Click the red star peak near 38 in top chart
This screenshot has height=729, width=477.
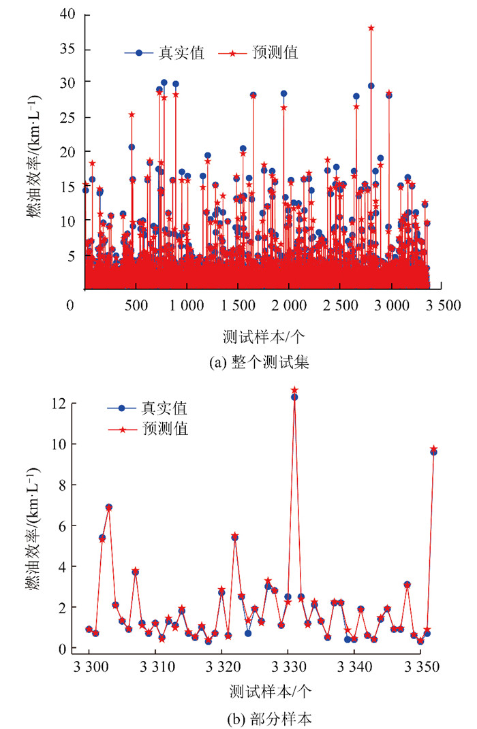pyautogui.click(x=371, y=28)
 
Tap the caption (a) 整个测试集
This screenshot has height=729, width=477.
pyautogui.click(x=259, y=363)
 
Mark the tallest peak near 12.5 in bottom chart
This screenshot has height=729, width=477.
pyautogui.click(x=294, y=391)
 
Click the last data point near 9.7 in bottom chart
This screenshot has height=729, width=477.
pyautogui.click(x=433, y=449)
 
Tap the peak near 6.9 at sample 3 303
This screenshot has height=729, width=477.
pyautogui.click(x=108, y=507)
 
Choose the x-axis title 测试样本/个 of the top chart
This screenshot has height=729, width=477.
pyautogui.click(x=258, y=336)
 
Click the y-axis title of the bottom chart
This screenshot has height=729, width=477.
pyautogui.click(x=32, y=528)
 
